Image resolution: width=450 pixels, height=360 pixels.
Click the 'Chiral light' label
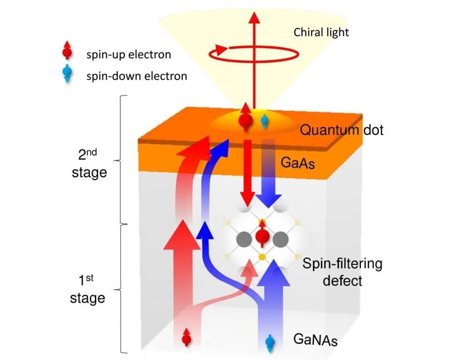pos(321,32)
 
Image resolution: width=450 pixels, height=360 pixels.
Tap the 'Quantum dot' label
pos(341,131)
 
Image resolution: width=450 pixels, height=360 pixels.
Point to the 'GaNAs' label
pos(316,339)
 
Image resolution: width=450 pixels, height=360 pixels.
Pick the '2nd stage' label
pos(89,164)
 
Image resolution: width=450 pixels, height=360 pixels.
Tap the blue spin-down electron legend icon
pos(67,76)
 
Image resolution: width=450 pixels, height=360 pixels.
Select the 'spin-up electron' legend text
pos(129,55)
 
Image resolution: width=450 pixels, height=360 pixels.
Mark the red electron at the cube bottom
pos(187,338)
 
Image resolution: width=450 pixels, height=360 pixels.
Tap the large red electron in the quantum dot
pos(245,119)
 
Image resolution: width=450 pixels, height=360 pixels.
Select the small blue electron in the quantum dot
pos(265,120)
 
